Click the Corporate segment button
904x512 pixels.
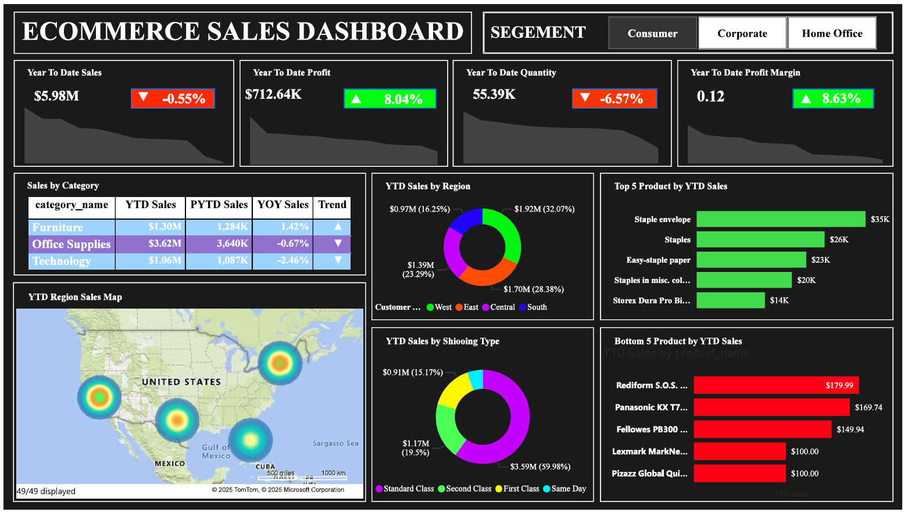click(x=742, y=33)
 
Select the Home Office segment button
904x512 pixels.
click(x=832, y=33)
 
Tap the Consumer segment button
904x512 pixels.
click(x=652, y=33)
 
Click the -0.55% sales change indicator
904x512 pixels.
click(x=173, y=99)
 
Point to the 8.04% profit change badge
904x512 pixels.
click(x=390, y=99)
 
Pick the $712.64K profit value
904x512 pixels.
click(x=273, y=94)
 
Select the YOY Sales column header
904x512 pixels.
click(x=283, y=205)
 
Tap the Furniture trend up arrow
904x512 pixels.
click(x=338, y=226)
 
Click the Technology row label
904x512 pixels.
click(x=62, y=261)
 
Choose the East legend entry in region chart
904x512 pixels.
click(x=467, y=307)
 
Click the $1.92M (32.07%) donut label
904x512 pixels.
click(x=544, y=209)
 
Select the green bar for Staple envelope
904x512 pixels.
click(x=780, y=219)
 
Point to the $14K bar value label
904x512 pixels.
click(x=779, y=300)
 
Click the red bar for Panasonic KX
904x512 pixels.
click(x=771, y=407)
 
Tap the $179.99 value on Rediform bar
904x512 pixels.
click(x=839, y=385)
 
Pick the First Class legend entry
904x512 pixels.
click(x=517, y=489)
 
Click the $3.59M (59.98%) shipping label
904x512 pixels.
click(x=540, y=467)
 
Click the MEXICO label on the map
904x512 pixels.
click(x=170, y=463)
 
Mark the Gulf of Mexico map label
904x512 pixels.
click(x=216, y=452)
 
